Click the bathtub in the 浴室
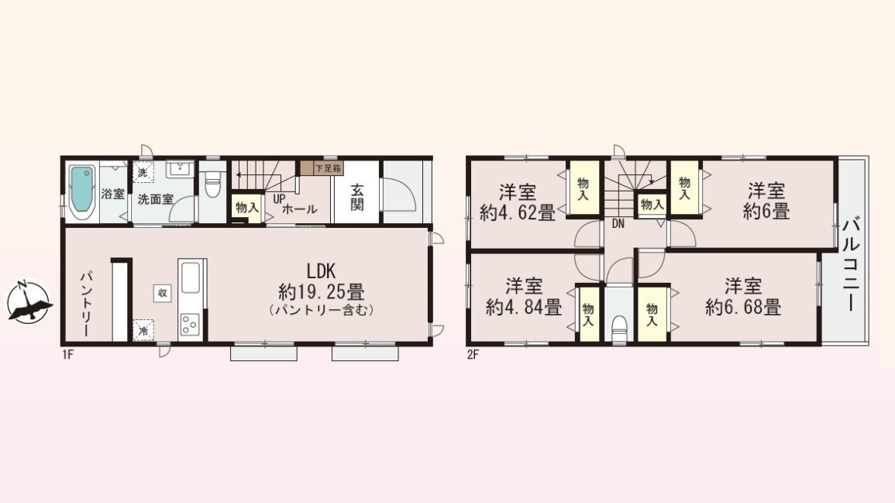pos(82,192)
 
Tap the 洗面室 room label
pos(155,200)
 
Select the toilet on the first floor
pos(212,184)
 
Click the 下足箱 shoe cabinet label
pos(328,168)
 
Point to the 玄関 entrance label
pos(356,197)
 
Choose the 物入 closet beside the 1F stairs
pos(247,208)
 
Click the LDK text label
pos(321,270)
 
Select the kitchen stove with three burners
pos(189,325)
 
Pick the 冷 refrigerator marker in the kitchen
pos(143,331)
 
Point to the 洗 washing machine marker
pos(143,172)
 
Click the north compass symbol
pos(28,301)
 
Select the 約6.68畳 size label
pos(743,308)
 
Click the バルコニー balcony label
pos(851,264)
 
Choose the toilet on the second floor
pos(618,329)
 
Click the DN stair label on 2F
pos(618,225)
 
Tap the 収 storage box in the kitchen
pos(163,293)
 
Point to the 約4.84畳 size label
pos(523,308)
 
